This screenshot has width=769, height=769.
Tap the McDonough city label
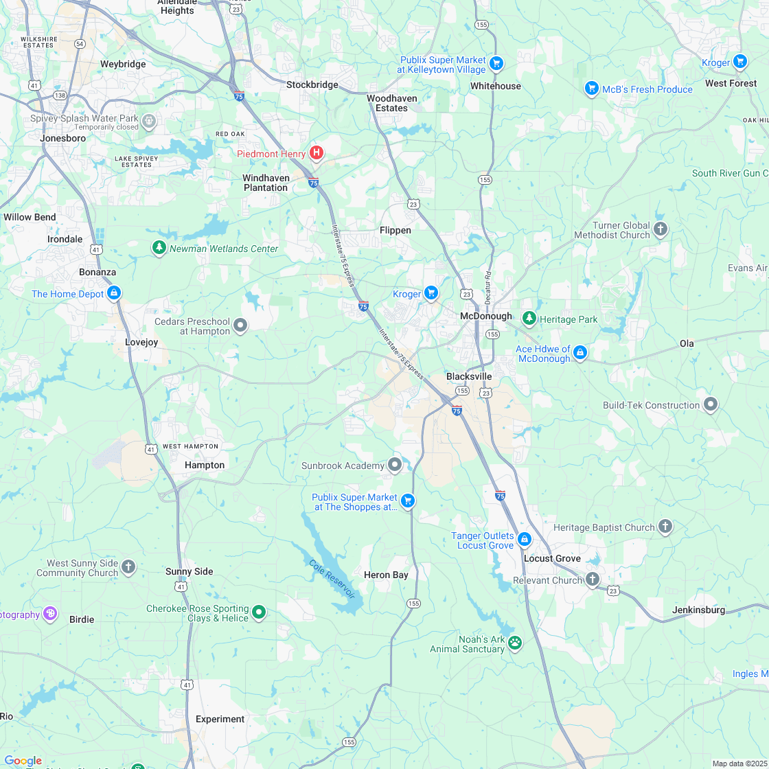485,316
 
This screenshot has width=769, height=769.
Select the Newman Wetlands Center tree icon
159,247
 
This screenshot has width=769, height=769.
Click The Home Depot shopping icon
115,293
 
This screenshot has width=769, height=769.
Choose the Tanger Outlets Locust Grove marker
525,540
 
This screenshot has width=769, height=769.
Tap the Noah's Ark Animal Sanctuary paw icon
515,643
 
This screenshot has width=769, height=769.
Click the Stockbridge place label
312,84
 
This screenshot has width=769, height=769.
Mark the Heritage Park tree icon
529,319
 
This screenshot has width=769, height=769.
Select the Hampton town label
205,465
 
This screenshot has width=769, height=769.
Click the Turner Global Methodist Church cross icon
661,229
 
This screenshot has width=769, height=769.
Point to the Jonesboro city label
63,138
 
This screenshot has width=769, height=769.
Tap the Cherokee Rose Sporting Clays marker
259,612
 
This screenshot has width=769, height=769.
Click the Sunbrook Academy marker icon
395,466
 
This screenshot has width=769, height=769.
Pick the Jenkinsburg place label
698,610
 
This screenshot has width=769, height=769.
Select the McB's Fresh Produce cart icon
592,89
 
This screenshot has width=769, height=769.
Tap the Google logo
23,761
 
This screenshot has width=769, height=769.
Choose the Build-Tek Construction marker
711,404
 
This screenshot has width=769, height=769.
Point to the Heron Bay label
386,575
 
